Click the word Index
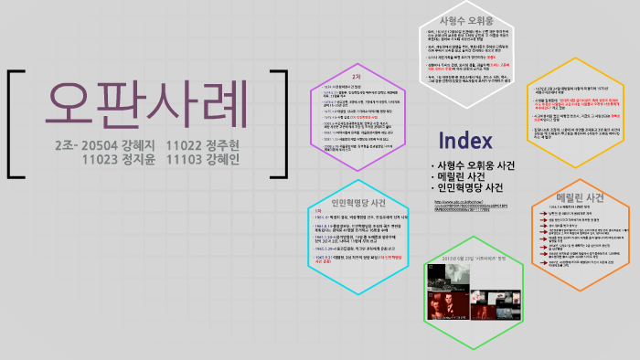point(466,141)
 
